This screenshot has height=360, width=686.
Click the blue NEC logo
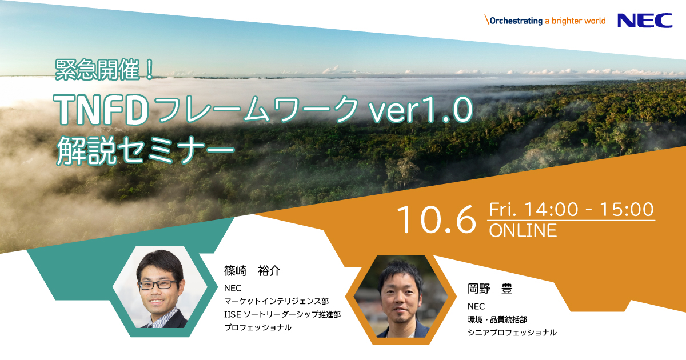pos(644,21)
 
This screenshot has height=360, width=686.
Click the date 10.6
pos(436,220)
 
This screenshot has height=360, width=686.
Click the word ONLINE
pos(523,230)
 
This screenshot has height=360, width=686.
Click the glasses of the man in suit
pos(158,284)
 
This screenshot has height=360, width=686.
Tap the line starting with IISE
pos(282,314)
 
